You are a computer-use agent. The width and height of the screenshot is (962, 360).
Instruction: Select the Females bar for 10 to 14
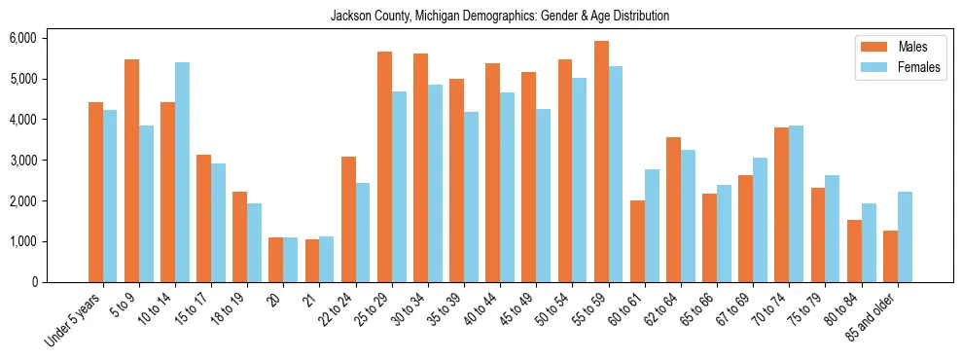pyautogui.click(x=182, y=172)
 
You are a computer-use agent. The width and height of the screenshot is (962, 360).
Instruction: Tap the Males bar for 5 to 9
pyautogui.click(x=131, y=170)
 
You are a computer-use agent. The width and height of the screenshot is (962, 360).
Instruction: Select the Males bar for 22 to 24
pyautogui.click(x=348, y=219)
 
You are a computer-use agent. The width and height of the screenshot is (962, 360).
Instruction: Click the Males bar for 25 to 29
pyautogui.click(x=384, y=166)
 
